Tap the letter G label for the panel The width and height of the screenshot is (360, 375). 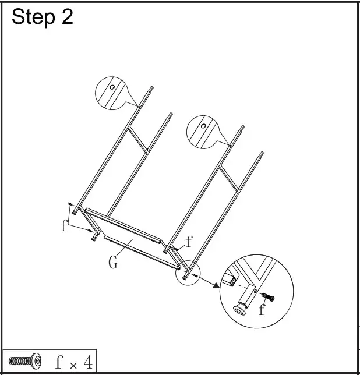coord(113,263)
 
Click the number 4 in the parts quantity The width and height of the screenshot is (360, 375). coord(87,362)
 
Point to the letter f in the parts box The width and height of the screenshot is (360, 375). coord(59,362)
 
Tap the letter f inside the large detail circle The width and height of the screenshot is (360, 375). coord(262,310)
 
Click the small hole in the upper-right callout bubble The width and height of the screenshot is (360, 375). coord(203,126)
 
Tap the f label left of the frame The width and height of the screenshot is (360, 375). coord(63,226)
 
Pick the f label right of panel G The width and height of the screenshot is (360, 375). coord(189,242)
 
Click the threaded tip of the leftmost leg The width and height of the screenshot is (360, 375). coord(151,90)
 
